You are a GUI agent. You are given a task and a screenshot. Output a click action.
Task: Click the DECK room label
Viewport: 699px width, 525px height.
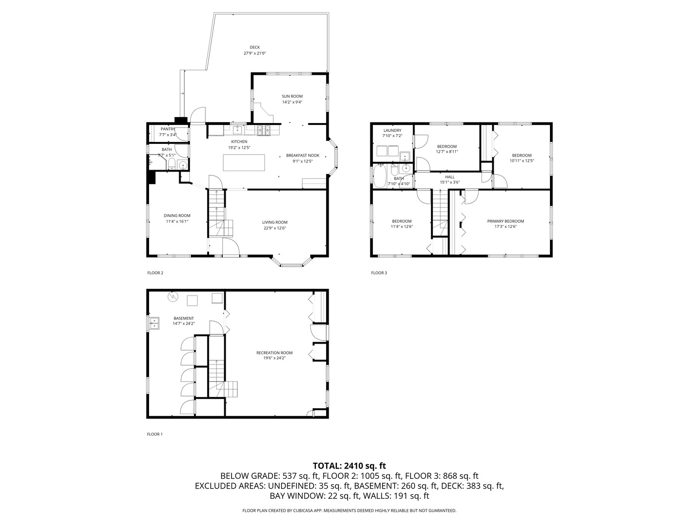(255, 47)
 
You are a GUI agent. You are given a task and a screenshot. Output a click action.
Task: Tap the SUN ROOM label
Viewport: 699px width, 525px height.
(292, 96)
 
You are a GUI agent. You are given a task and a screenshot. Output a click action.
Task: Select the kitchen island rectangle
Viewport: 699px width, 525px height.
(244, 162)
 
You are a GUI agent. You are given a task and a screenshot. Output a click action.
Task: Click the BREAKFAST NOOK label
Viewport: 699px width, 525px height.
(302, 155)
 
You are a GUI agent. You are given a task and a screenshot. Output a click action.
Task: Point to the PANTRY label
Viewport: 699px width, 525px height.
(168, 129)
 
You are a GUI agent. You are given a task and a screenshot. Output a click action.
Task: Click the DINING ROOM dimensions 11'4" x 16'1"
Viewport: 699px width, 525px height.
(177, 222)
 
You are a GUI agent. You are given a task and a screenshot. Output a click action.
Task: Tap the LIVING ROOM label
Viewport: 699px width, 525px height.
(275, 222)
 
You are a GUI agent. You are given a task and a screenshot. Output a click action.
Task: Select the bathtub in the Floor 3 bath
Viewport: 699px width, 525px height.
(380, 176)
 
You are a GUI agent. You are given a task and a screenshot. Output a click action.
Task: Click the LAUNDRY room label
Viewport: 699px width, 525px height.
(392, 130)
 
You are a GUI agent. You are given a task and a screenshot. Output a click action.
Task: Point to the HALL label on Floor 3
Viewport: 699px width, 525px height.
(449, 177)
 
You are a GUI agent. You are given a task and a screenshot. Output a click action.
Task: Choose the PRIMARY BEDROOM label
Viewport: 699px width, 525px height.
(505, 221)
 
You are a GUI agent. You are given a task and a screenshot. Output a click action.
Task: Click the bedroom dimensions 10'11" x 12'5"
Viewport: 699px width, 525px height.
(522, 161)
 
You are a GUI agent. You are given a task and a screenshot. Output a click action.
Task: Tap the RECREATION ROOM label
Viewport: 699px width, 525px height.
(274, 353)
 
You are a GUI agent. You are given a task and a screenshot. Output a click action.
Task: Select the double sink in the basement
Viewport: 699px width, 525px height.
(154, 323)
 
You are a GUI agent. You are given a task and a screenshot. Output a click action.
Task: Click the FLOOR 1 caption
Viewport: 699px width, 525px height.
(155, 434)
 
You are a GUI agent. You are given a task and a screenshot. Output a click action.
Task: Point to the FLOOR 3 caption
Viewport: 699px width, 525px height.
(379, 273)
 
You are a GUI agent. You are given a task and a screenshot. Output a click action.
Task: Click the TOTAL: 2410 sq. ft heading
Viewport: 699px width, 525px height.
(349, 466)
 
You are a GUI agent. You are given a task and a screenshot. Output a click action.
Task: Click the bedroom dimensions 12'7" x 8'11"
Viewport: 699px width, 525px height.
(447, 152)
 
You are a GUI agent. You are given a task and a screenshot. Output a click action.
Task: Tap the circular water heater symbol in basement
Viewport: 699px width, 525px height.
(173, 297)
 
